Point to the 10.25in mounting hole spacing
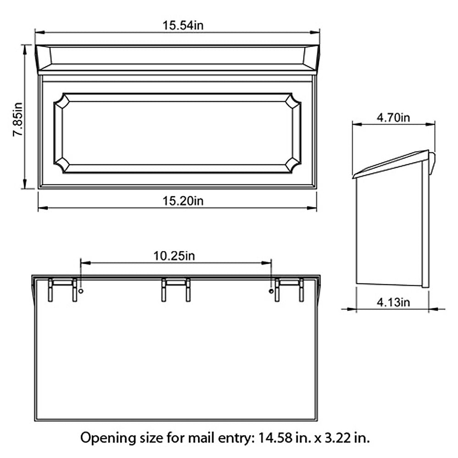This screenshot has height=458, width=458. pos(174,256)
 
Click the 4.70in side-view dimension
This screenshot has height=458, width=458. pos(393,118)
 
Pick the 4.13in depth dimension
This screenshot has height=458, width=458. pos(393,303)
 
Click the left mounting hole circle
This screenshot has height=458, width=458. pos(81,292)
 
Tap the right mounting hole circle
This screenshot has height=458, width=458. pos(271,292)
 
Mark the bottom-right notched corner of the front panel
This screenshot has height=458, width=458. pos(293,164)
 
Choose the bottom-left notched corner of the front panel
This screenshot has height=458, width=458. pos(61,164)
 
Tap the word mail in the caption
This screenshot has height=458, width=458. pos(199,437)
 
